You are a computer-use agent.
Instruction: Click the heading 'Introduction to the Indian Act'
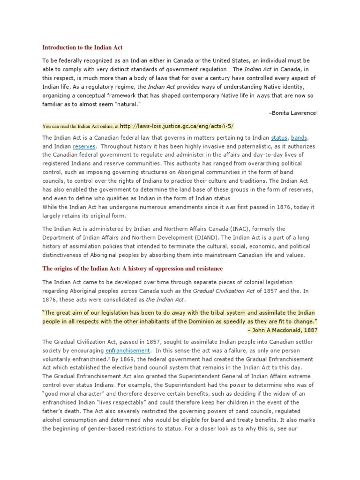pyautogui.click(x=82, y=47)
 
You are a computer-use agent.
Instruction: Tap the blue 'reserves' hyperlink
pyautogui.click(x=84, y=146)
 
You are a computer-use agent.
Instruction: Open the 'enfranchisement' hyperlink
pyautogui.click(x=127, y=351)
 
